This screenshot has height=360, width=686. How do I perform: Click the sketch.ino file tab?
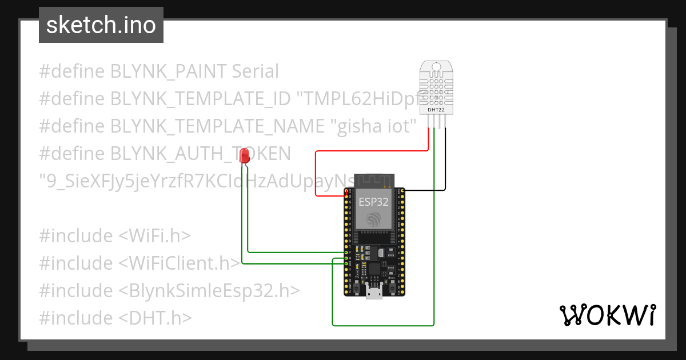101,25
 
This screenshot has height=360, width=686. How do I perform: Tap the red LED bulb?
245,155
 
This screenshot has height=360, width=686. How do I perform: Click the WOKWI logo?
607,315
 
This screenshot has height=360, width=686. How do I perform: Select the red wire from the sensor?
372,151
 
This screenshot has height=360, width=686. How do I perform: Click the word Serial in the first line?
255,71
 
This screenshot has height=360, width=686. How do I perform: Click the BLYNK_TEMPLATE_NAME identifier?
218,126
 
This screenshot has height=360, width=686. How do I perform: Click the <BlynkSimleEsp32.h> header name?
209,291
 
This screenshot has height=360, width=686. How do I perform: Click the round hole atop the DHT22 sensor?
436,67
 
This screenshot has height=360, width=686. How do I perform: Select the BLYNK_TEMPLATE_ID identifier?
200,99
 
